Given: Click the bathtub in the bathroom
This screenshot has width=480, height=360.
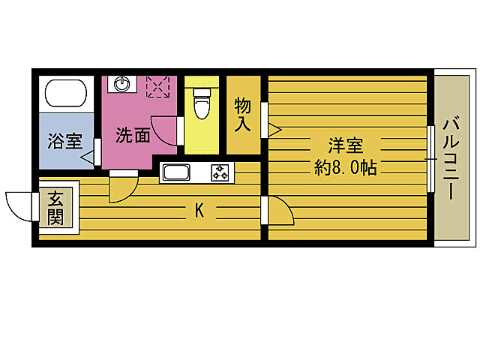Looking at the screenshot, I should point(66,93).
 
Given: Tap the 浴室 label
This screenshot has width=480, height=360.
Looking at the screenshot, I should point(64,141).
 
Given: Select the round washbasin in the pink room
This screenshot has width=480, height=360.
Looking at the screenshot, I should point(123,84).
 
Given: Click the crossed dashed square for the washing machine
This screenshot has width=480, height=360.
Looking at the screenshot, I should point(159,86).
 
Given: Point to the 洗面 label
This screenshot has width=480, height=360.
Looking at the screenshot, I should point(132,136).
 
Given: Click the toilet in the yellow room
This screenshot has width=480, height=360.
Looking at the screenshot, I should point(201,103).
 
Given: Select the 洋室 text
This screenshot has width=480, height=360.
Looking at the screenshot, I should point(345,145).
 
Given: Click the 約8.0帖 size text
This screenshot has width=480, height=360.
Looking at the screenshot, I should point(345,167).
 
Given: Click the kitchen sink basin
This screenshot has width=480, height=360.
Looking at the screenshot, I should point(178,173).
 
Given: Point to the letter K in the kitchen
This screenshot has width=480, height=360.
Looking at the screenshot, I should point(199,211).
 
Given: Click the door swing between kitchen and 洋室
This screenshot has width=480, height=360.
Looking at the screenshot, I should point(280,212).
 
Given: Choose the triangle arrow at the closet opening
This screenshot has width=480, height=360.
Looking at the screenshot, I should point(274,130).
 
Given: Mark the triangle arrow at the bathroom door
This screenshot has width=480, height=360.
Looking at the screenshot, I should point(88,157).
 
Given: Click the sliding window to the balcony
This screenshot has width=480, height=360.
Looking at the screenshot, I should point(431,159).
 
